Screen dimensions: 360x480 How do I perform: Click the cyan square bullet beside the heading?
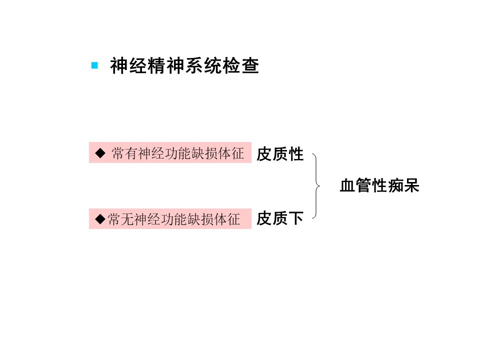click(x=94, y=65)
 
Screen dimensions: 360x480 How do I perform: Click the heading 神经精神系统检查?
click(x=184, y=66)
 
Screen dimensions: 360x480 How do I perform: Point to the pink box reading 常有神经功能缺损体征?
click(x=170, y=153)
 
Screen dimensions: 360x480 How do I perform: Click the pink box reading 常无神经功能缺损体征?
click(x=170, y=219)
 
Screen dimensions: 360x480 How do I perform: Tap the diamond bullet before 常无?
click(x=100, y=219)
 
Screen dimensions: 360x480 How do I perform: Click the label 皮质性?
click(x=280, y=154)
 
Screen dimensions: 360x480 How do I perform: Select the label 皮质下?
click(x=280, y=218)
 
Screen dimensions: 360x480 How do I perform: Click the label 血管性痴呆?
click(x=379, y=186)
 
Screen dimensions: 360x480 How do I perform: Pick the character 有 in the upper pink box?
click(x=131, y=153)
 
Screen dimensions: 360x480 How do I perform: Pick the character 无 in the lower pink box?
click(x=127, y=219)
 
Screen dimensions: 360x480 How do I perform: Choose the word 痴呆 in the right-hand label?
click(x=404, y=186)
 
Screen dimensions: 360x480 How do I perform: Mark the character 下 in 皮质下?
click(x=296, y=218)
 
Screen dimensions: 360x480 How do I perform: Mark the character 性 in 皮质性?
click(x=296, y=154)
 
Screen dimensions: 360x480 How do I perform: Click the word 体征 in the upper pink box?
click(x=231, y=153)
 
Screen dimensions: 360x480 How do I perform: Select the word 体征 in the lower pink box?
click(x=227, y=219)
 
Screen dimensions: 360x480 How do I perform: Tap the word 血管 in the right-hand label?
click(x=355, y=186)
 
